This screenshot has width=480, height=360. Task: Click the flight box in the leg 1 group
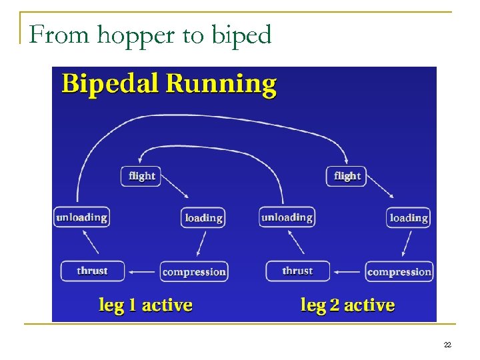tap(141, 176)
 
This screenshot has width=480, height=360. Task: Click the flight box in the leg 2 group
tap(347, 176)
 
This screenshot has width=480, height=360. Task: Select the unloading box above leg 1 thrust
tap(81, 217)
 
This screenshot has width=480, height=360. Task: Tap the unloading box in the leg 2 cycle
tap(286, 217)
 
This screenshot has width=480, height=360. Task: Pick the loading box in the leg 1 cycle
tap(203, 218)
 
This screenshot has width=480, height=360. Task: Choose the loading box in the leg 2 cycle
tap(408, 218)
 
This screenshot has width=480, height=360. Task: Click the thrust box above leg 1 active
tap(92, 271)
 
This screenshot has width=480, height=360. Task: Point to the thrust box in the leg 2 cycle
tap(297, 271)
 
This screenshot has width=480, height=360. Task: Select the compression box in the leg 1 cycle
tap(194, 272)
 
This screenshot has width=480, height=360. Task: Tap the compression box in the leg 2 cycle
tap(399, 272)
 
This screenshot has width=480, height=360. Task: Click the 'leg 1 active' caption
tap(145, 305)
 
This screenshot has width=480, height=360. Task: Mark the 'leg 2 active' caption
tap(347, 305)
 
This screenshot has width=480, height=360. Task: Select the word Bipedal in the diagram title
tap(110, 84)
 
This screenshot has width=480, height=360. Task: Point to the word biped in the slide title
tap(241, 35)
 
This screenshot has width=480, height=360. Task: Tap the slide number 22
tap(447, 345)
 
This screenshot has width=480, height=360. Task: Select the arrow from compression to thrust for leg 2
tap(348, 272)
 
